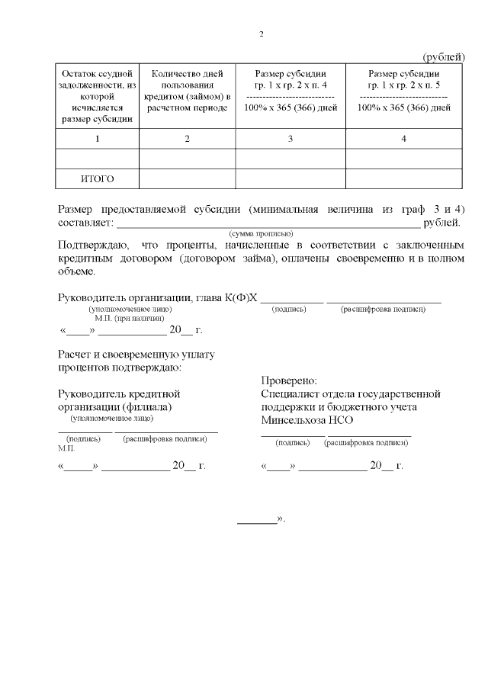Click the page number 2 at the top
[262, 35]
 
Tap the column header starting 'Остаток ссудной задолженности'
[97, 95]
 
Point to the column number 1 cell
[97, 139]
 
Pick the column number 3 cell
[290, 139]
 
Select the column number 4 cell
[403, 139]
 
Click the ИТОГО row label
[97, 178]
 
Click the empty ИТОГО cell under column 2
[187, 178]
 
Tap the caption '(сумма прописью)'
[262, 233]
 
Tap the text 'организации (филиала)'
[115, 407]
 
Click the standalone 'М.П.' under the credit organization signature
[66, 448]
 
